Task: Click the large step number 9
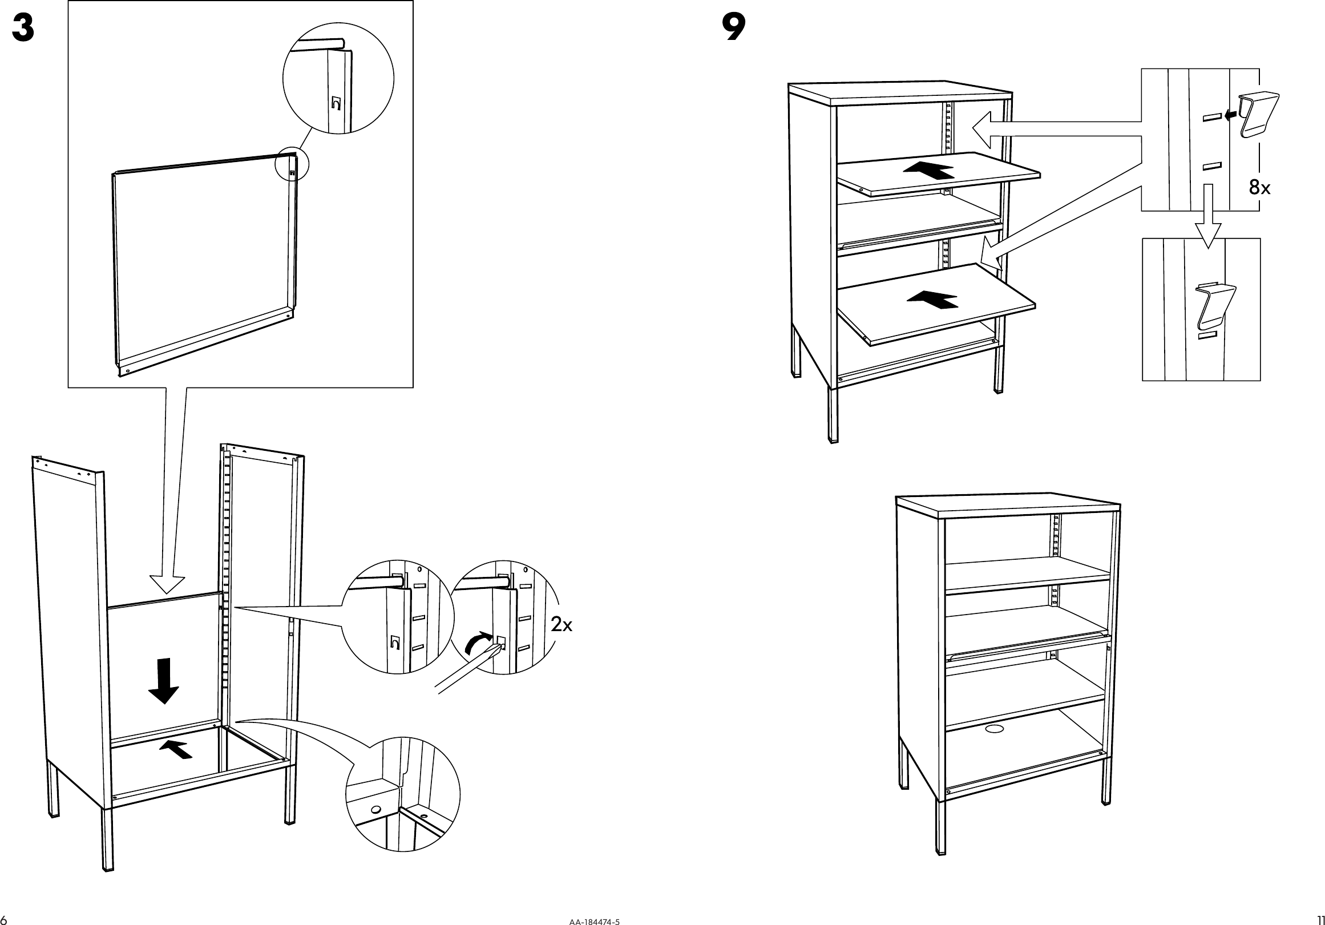tap(733, 28)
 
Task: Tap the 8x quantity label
tap(1259, 187)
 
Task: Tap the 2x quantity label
tap(561, 624)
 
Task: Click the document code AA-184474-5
tap(595, 922)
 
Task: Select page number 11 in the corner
tap(1320, 919)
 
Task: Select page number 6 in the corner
tap(5, 919)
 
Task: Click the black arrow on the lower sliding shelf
tap(932, 299)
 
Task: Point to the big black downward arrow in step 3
tap(164, 680)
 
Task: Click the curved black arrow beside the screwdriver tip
tap(478, 641)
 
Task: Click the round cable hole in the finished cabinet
tap(995, 729)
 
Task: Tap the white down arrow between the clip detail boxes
tap(1207, 228)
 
